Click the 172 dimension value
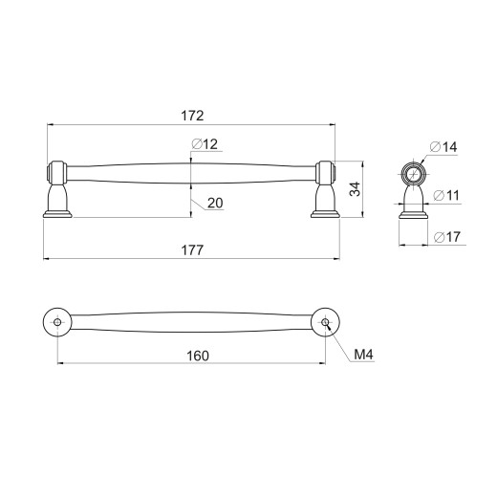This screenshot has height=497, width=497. click(192, 116)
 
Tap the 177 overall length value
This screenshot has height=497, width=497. click(192, 250)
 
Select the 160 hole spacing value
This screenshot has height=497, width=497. click(198, 356)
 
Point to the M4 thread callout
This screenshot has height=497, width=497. click(363, 355)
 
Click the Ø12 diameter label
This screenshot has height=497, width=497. click(205, 144)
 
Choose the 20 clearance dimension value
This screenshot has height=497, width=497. click(215, 203)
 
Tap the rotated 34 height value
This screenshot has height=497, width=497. click(355, 189)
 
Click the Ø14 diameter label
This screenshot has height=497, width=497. click(443, 147)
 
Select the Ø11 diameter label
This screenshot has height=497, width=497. click(446, 195)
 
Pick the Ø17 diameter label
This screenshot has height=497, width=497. click(447, 237)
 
